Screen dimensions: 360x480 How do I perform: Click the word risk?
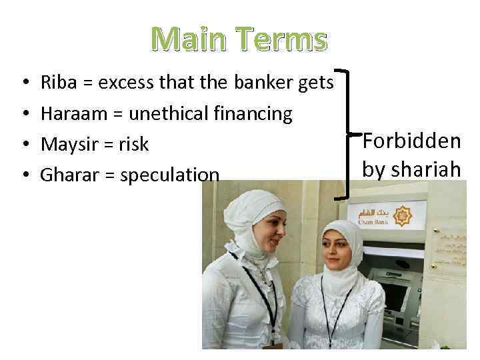[x=134, y=145]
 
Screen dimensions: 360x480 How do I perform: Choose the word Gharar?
[x=68, y=175]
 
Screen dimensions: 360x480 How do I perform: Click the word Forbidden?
[x=411, y=141]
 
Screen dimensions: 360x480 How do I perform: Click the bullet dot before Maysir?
[x=25, y=145]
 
